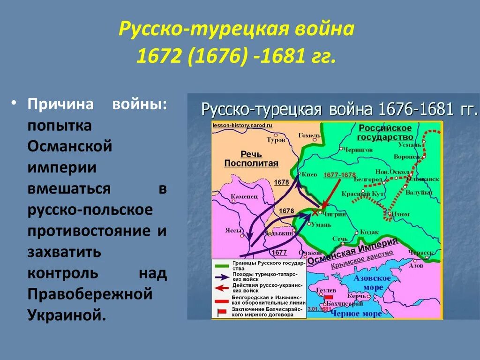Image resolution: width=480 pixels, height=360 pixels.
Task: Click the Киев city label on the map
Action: [x=310, y=173]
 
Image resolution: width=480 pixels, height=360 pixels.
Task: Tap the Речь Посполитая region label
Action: [x=251, y=159]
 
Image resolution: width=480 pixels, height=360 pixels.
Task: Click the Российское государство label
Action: [x=385, y=133]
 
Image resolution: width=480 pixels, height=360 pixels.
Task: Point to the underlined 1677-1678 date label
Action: [x=340, y=175]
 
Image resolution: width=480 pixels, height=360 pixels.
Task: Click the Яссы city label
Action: [x=235, y=231]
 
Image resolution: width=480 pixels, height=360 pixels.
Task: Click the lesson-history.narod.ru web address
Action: [x=242, y=126]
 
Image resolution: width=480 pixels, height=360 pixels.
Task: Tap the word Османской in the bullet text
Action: [x=70, y=146]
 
